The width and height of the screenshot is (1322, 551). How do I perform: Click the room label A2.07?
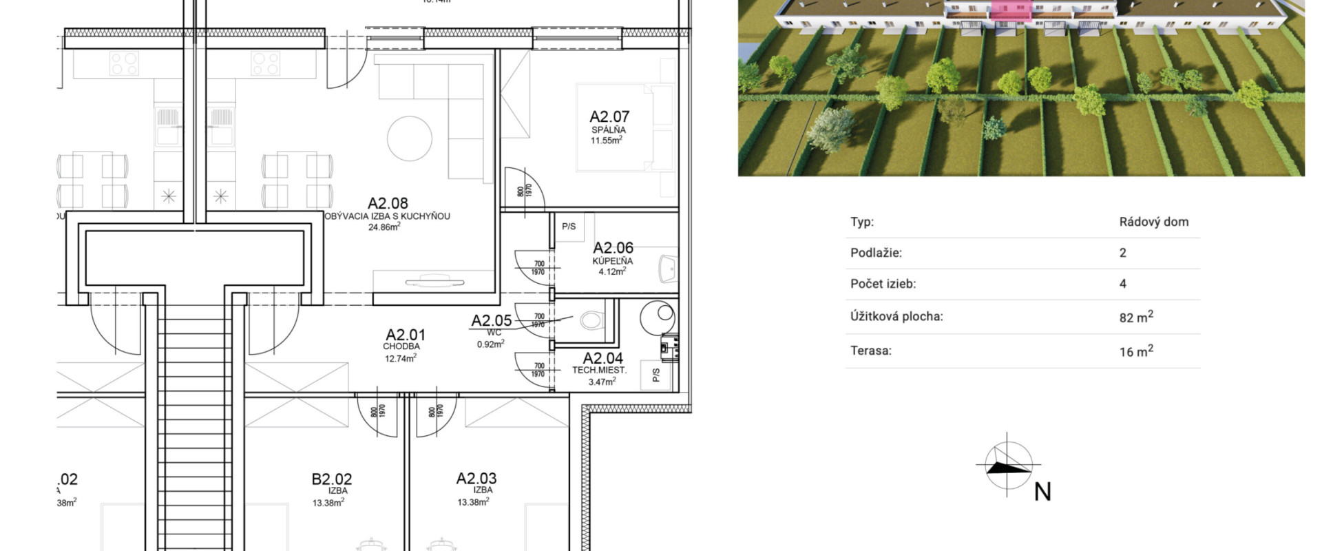click(609, 116)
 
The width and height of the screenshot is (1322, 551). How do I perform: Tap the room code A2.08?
click(388, 203)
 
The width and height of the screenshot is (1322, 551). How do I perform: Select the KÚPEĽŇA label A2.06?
click(613, 247)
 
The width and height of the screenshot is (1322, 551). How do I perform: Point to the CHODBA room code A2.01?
click(406, 335)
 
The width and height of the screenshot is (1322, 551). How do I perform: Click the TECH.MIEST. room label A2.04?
click(602, 358)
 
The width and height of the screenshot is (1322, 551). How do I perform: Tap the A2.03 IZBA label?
click(476, 478)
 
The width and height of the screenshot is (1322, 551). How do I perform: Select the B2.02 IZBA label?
click(332, 479)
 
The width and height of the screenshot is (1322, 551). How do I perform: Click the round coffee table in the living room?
click(409, 138)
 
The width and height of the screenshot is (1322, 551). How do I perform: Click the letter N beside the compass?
click(1042, 492)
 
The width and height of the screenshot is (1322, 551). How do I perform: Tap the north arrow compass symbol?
click(1007, 466)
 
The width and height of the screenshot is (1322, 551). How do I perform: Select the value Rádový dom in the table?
click(1153, 222)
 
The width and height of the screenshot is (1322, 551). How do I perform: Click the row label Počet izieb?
click(883, 283)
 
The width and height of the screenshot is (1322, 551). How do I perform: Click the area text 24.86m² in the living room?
click(384, 226)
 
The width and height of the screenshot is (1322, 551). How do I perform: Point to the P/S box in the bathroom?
click(569, 227)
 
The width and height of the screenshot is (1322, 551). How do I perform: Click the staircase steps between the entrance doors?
click(195, 427)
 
